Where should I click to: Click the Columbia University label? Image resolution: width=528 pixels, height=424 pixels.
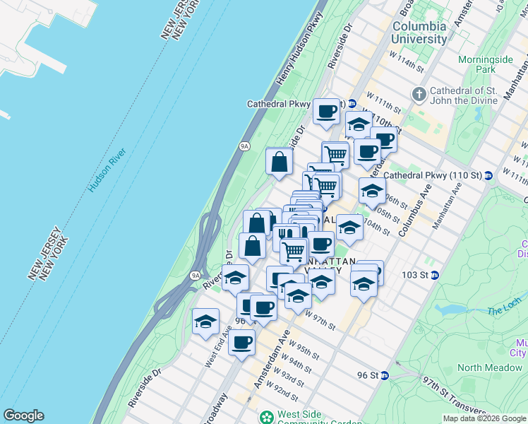pos(419,33)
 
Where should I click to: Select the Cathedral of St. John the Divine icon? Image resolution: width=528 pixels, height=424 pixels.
pos(419,93)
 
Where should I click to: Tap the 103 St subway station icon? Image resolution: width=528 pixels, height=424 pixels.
pos(435,275)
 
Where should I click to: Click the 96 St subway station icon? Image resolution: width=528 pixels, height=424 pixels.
pos(384,375)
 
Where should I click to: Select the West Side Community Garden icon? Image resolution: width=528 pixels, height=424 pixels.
pos(267,418)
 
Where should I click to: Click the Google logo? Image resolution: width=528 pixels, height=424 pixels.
pos(23,416)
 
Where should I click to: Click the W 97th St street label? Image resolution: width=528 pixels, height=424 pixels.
pos(320,322)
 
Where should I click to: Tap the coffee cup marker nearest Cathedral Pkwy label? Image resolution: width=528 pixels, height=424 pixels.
pos(326,112)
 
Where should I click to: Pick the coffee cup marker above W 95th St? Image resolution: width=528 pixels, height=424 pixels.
pos(241,343)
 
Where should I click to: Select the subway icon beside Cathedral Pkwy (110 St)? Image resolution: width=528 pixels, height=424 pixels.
pos(488,175)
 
